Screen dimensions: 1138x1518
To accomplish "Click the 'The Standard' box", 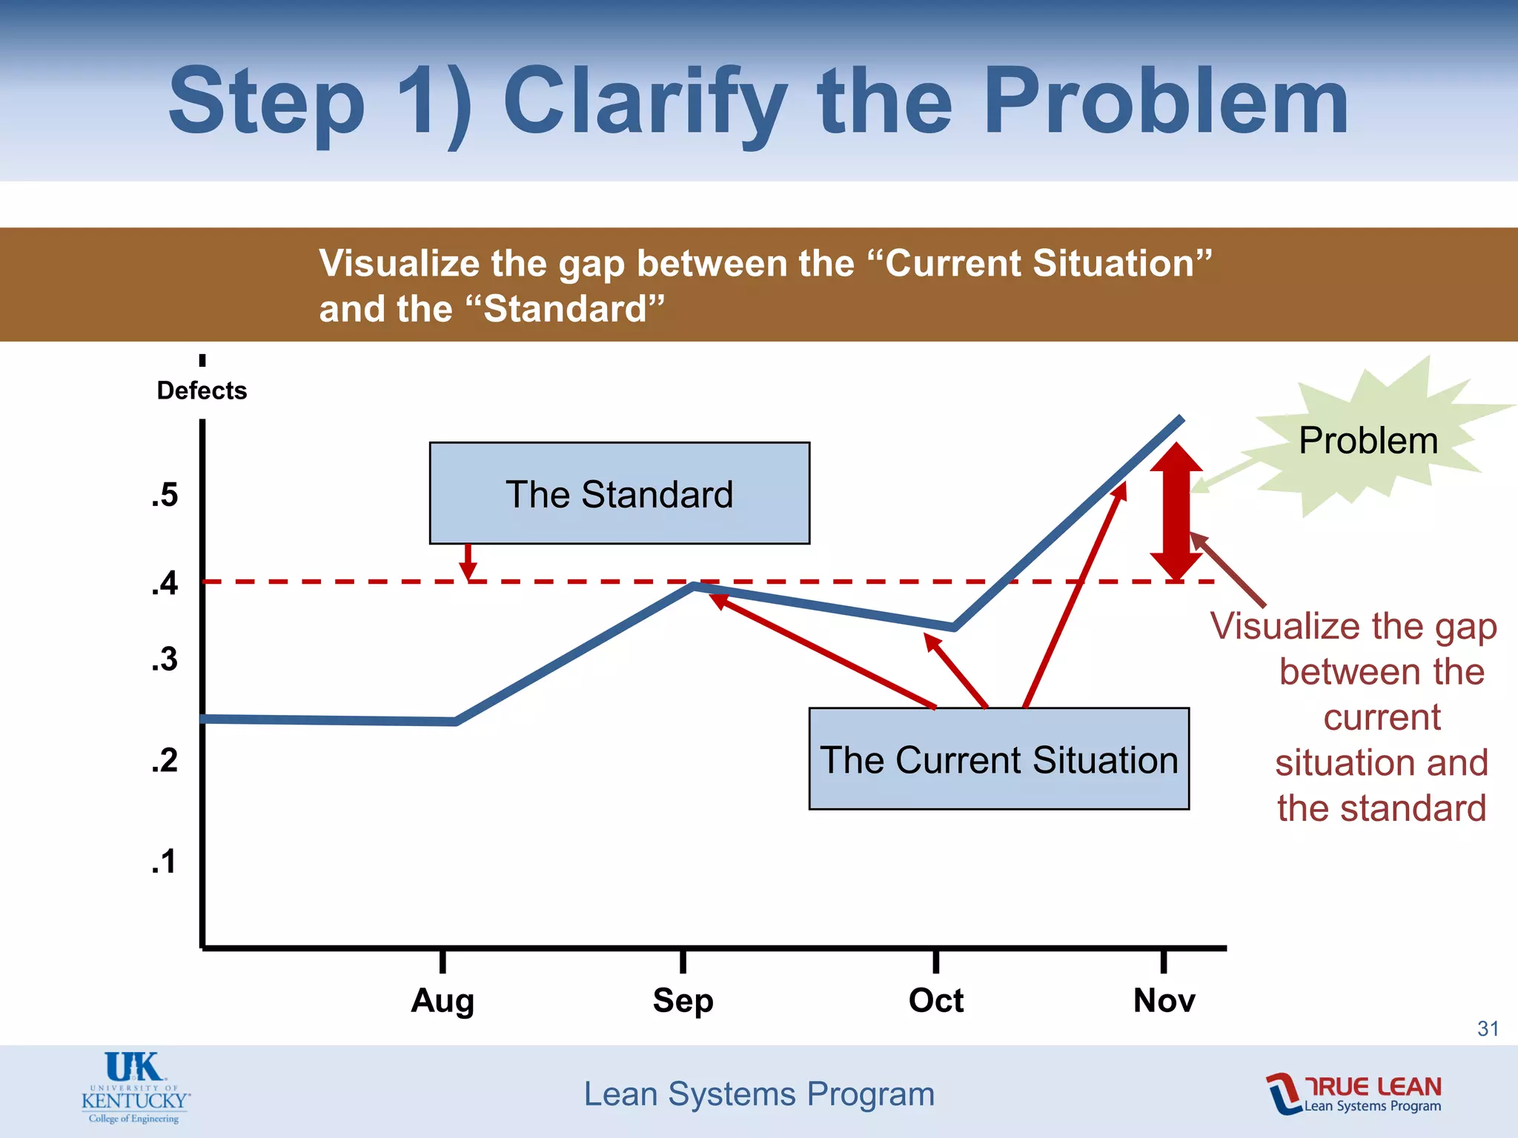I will click(x=619, y=493).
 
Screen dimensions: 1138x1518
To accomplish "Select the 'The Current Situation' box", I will click(x=998, y=759).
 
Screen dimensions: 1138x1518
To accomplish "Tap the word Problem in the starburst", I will click(x=1368, y=441).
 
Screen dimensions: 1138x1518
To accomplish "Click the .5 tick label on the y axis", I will click(x=165, y=495).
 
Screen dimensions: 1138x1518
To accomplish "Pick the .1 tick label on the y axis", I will click(x=165, y=862).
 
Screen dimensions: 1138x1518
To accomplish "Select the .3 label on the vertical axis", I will click(x=165, y=659).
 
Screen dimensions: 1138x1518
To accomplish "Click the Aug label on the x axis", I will click(x=443, y=1000).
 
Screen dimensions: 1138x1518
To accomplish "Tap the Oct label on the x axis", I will click(x=935, y=1000).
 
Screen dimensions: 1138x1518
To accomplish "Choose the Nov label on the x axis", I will click(x=1164, y=1000).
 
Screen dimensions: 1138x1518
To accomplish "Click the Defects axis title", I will click(x=202, y=390).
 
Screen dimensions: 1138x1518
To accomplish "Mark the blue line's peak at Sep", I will click(x=694, y=586).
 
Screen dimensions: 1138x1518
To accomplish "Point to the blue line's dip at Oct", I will click(x=953, y=628).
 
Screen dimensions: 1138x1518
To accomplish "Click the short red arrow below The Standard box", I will click(x=468, y=563).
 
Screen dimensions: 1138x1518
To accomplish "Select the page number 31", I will click(x=1488, y=1028).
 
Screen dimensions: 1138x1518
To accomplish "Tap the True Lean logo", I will click(x=1353, y=1094).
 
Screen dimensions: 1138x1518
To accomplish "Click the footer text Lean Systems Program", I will click(x=759, y=1094).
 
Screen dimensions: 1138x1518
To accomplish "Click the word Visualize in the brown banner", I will click(x=399, y=264).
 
